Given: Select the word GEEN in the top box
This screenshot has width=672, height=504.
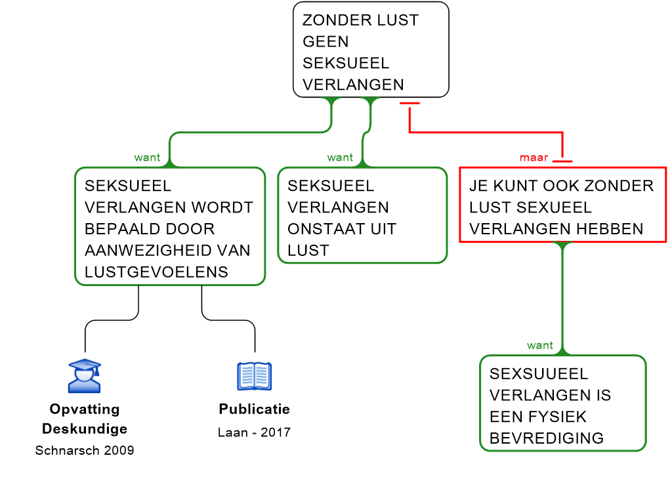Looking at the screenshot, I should (325, 42).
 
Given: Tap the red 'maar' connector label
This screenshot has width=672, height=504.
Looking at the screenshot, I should (534, 157).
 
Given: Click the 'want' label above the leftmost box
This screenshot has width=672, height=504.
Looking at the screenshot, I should (147, 157).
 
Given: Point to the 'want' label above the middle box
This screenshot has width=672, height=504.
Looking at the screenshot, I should (340, 157).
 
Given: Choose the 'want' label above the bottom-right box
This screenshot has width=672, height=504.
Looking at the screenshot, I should (539, 345).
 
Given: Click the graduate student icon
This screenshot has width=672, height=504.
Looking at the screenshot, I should (85, 376).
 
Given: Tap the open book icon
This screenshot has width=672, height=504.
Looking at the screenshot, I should (254, 376).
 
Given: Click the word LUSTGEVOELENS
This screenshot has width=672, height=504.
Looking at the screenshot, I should (156, 272).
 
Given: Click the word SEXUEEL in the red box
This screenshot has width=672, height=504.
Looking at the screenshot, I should (554, 207).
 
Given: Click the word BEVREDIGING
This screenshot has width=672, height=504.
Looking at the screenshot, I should (546, 438).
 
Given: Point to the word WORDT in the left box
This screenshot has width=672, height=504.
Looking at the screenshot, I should (230, 207).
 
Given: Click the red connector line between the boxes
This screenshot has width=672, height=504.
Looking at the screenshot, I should (486, 133).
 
